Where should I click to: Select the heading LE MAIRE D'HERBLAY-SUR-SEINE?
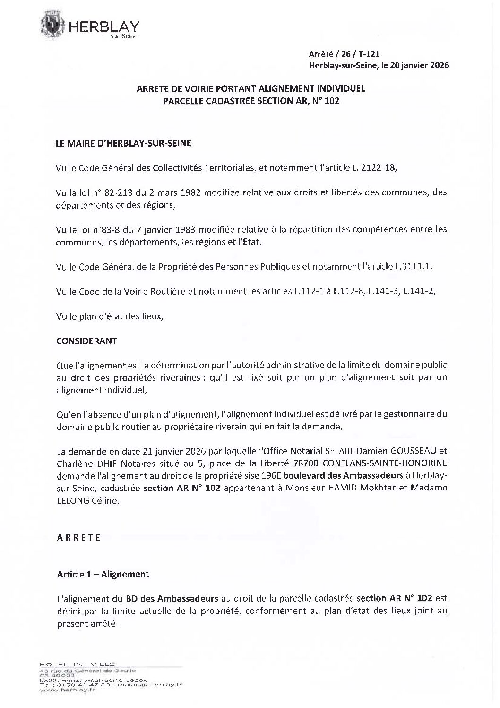click(124, 143)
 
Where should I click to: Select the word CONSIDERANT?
click(86, 341)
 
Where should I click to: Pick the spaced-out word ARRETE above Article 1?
click(78, 537)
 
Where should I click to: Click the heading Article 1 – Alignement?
click(103, 574)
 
